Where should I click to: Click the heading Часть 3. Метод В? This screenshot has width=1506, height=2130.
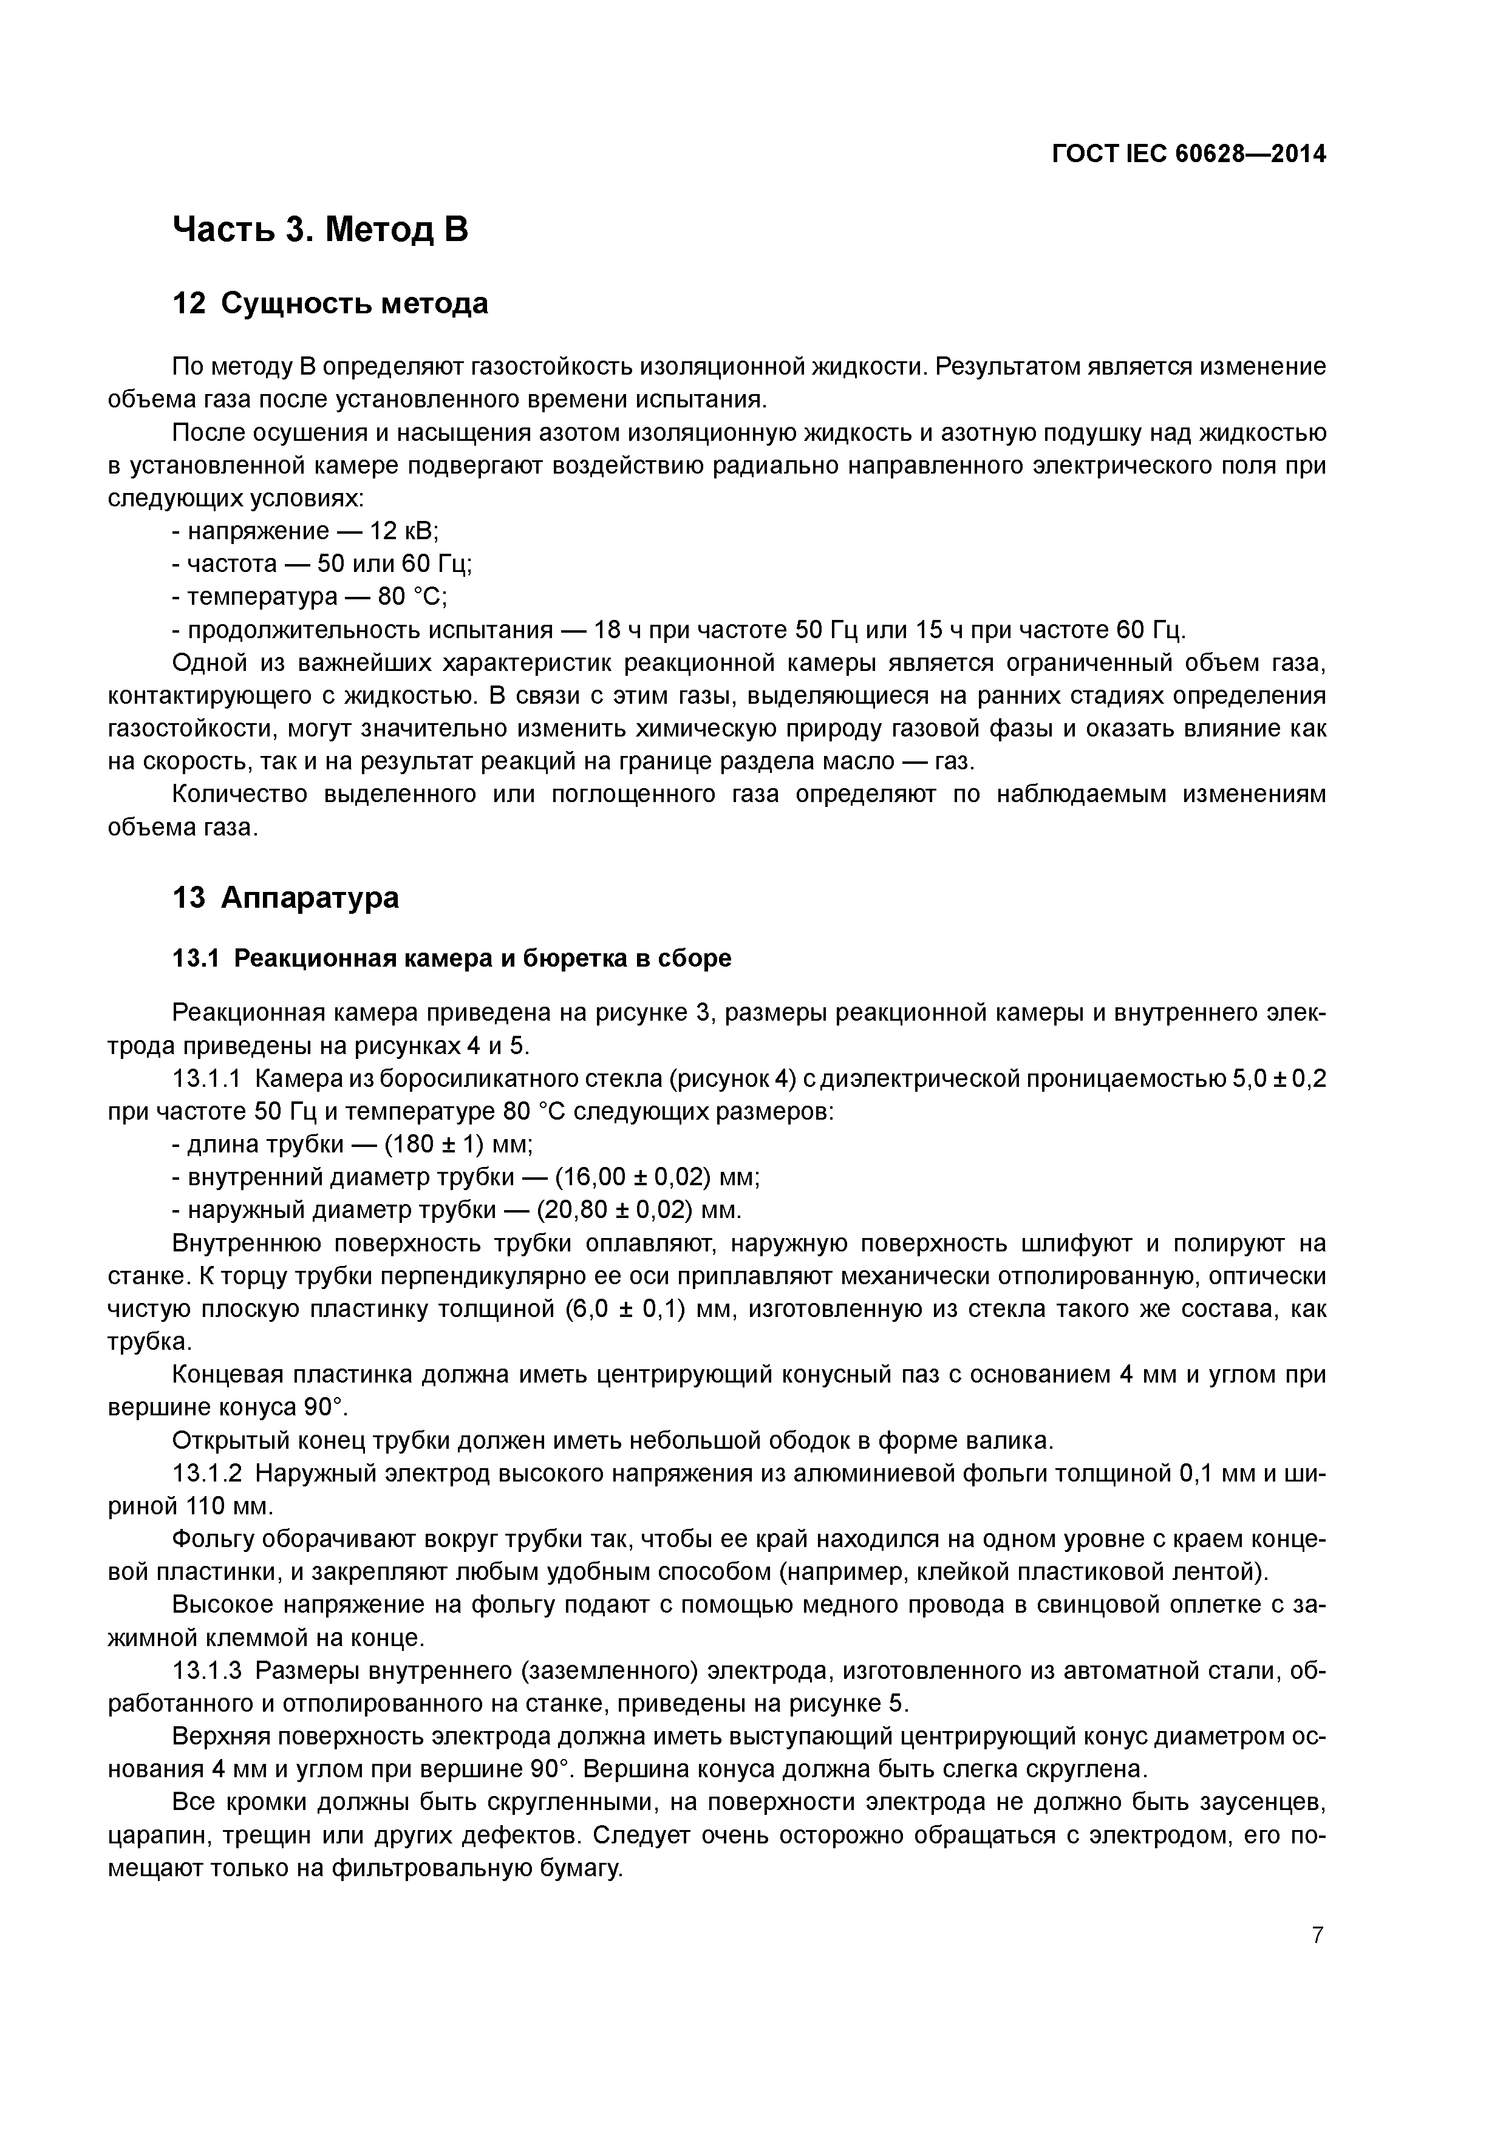pos(320,228)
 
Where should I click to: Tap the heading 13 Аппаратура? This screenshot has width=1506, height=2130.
pos(286,897)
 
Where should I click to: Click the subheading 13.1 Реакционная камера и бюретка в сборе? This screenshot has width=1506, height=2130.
pos(452,958)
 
